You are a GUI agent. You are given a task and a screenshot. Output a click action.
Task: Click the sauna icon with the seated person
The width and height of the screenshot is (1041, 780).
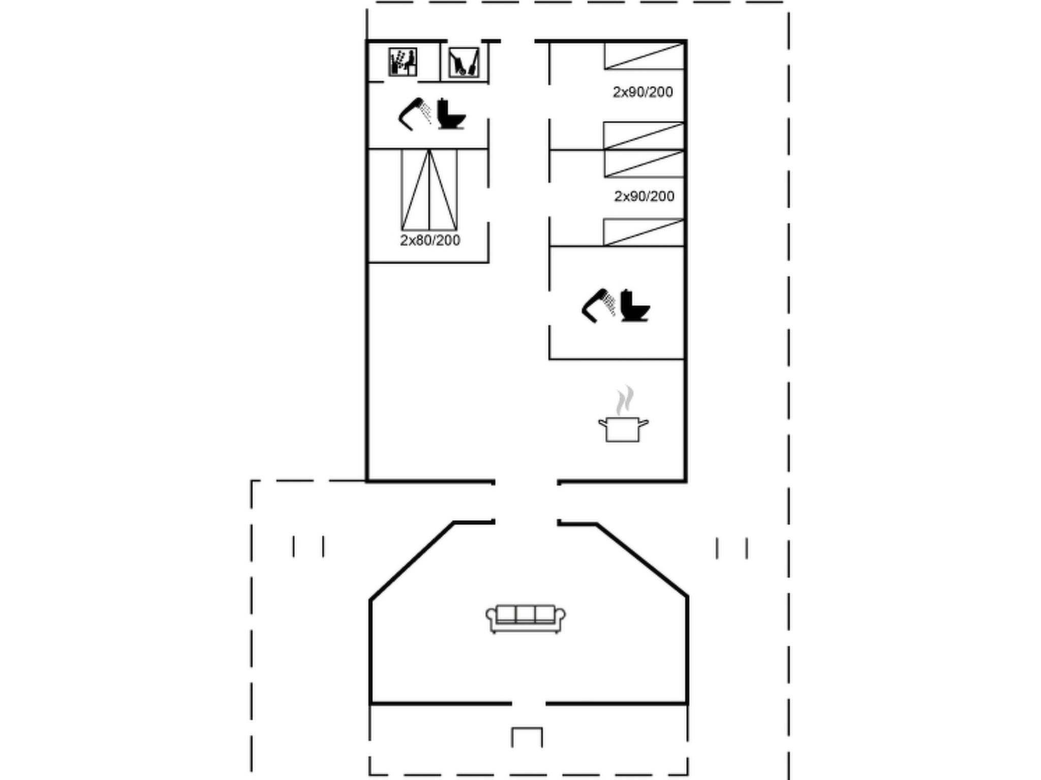(x=403, y=62)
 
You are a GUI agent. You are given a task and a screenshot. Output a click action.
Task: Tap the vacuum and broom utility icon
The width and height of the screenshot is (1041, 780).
(x=464, y=62)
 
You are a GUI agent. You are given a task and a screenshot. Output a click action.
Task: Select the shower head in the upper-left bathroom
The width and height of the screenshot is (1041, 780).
(x=415, y=114)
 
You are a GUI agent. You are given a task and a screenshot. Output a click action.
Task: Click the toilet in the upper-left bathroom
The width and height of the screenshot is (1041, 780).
(x=451, y=114)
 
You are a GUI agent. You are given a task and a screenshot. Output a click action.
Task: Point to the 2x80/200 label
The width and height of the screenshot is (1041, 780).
(x=430, y=240)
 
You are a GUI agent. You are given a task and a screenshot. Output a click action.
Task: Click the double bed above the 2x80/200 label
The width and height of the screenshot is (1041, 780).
(x=430, y=190)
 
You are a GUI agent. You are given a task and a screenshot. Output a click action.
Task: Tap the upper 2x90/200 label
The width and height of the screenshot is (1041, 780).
(x=643, y=92)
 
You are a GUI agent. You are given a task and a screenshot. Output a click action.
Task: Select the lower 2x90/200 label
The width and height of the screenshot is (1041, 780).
(x=644, y=196)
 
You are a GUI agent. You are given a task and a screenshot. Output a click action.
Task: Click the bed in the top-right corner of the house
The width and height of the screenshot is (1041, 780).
(x=644, y=56)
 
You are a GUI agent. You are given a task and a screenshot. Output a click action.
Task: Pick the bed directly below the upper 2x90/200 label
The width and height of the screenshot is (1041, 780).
(x=644, y=136)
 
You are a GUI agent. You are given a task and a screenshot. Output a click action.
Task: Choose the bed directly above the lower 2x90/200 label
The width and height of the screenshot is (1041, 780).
(x=644, y=164)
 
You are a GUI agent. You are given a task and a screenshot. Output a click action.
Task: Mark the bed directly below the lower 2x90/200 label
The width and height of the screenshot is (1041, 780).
(x=644, y=232)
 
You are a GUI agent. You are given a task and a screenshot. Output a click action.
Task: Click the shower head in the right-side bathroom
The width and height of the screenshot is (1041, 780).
(x=598, y=306)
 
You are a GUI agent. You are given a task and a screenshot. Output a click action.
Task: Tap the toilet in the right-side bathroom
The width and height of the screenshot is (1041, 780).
(x=635, y=305)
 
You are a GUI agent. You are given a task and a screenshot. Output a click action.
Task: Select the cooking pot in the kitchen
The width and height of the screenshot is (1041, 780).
(x=623, y=429)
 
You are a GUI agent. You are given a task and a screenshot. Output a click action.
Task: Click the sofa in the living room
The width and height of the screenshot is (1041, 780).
(x=526, y=619)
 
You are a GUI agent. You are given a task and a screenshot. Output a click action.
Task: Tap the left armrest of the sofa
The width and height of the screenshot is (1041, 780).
(x=491, y=617)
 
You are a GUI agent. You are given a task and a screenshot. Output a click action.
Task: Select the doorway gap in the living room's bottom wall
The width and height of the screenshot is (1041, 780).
(x=529, y=703)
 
